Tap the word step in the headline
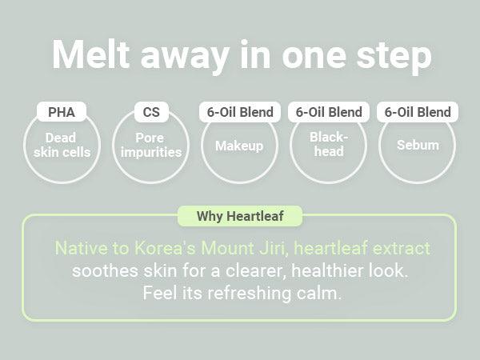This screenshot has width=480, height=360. (x=391, y=55)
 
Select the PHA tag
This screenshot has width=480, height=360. (x=62, y=112)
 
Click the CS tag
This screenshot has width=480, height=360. (x=150, y=112)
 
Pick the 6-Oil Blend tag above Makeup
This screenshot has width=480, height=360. (x=240, y=112)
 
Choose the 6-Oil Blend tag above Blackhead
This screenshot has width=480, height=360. (x=329, y=112)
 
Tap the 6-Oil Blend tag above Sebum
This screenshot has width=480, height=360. (x=417, y=112)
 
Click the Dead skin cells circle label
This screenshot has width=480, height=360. (x=62, y=144)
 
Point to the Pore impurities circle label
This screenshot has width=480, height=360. (x=150, y=144)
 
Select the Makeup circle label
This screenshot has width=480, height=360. (x=239, y=146)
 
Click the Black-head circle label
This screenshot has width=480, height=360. (x=328, y=144)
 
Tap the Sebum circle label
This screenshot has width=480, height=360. (x=417, y=146)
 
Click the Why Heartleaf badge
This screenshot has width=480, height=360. (x=240, y=216)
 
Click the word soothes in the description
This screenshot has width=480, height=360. (x=102, y=270)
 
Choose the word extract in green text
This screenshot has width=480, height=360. (x=399, y=248)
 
